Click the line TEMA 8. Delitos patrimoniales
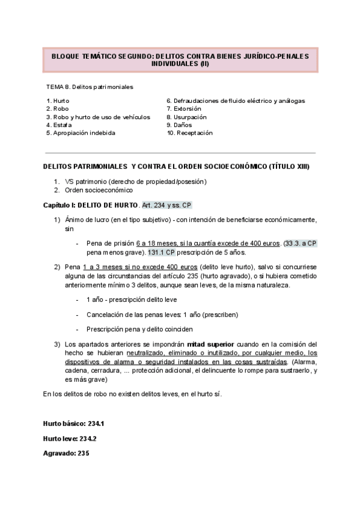90,87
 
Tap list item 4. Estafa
58,125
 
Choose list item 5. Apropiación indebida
81,133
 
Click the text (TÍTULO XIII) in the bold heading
290,166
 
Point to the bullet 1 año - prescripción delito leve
132,299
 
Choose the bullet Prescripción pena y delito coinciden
139,329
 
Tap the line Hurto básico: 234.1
70,424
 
